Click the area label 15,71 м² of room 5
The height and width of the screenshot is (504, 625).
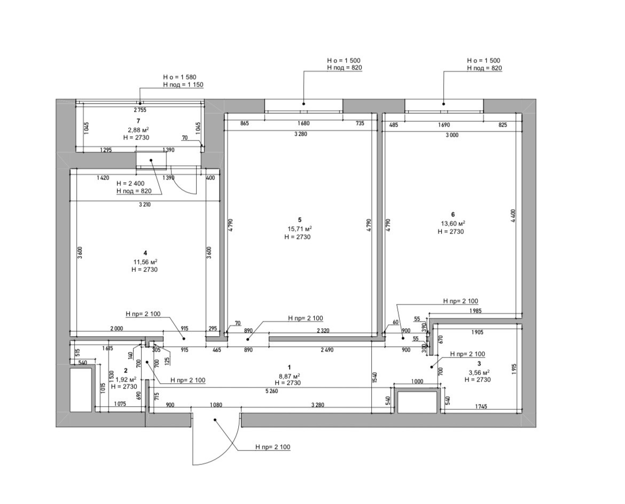(x=300, y=229)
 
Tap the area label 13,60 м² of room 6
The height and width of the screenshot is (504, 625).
(x=453, y=223)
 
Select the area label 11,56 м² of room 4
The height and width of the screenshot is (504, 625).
(x=145, y=262)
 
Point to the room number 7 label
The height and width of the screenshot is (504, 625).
(x=138, y=121)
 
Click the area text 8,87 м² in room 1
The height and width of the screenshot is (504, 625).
(x=289, y=375)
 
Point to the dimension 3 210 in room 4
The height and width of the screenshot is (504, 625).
(x=143, y=205)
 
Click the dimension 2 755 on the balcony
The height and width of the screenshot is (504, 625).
(x=139, y=110)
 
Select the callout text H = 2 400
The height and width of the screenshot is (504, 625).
(x=131, y=183)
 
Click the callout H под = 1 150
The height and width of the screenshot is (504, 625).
(x=183, y=84)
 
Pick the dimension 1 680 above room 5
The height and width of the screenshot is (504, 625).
(x=303, y=124)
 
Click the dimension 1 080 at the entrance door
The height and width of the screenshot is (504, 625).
(x=216, y=405)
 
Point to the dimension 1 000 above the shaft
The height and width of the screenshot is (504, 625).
(x=417, y=382)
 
